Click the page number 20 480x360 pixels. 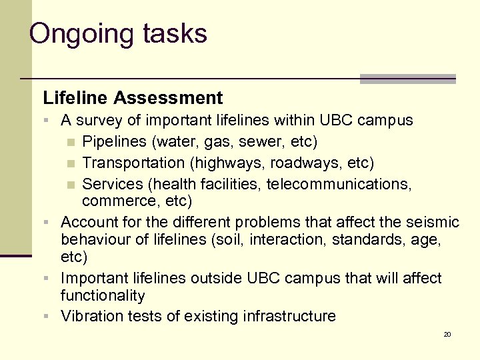coord(447,334)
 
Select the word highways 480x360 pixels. coord(224,163)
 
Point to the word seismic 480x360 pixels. coord(432,222)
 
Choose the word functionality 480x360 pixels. coord(103,295)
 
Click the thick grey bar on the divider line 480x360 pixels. coord(407,79)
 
